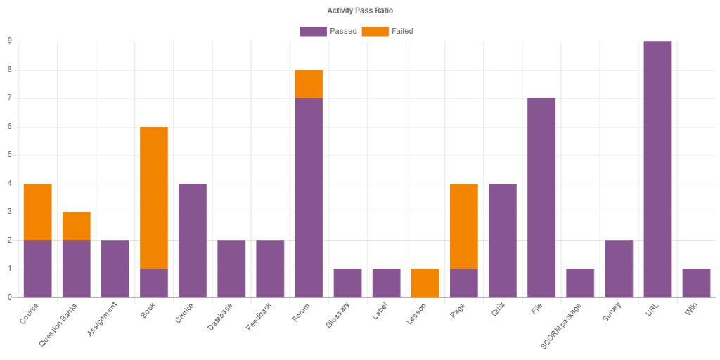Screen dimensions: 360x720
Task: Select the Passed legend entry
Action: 328,31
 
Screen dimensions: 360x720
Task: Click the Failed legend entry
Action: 387,31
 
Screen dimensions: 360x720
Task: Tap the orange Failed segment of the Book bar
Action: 154,198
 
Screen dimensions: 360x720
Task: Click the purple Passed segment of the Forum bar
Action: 309,198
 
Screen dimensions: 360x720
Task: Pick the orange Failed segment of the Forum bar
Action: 309,84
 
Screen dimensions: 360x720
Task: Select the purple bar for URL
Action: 657,169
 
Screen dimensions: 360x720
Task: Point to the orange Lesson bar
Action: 425,283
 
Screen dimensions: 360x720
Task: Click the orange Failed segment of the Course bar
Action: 38,212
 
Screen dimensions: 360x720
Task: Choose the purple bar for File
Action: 541,198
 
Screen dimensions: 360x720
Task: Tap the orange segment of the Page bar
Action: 464,226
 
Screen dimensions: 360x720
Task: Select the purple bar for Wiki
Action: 696,283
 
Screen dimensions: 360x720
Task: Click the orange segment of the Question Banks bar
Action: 77,226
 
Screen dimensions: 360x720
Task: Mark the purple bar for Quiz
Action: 503,240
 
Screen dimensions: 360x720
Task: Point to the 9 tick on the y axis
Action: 10,41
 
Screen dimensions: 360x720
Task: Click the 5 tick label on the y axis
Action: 10,155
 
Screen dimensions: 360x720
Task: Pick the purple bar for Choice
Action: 193,240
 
